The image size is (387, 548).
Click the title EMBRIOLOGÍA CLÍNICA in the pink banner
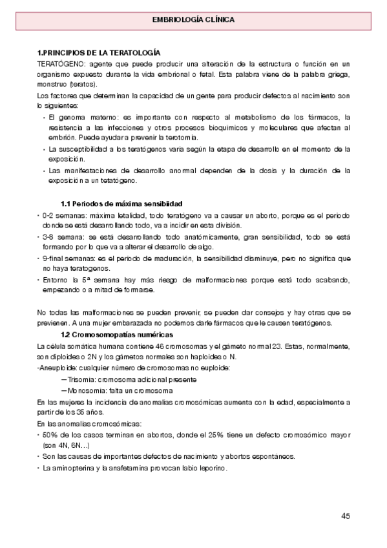click(x=193, y=19)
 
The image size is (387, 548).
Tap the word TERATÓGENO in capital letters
click(x=59, y=63)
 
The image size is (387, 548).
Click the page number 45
click(x=346, y=516)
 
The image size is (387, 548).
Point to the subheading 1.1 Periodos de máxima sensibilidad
click(x=121, y=204)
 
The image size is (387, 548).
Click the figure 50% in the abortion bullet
click(x=50, y=435)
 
